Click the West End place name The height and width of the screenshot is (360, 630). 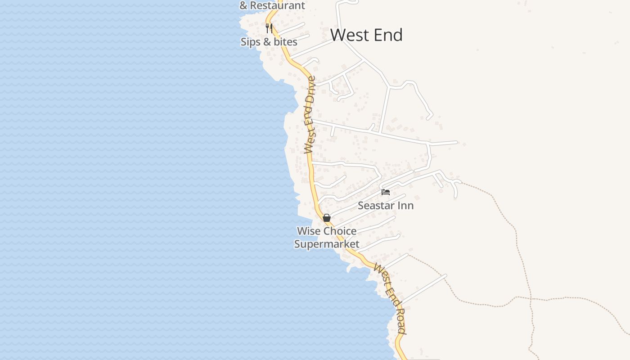point(366,35)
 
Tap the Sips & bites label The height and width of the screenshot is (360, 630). point(269,42)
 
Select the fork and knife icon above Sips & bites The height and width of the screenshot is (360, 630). point(269,28)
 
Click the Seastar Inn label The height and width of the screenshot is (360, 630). point(385,206)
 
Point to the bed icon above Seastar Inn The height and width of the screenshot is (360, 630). point(386,192)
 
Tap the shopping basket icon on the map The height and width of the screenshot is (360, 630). point(327,218)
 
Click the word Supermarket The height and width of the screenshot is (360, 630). point(327,244)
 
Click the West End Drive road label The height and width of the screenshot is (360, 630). point(310,115)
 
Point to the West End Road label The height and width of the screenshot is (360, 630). point(390,298)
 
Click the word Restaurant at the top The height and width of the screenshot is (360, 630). point(277,5)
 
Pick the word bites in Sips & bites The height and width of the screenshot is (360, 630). point(286,42)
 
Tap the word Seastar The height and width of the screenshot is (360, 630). point(376,206)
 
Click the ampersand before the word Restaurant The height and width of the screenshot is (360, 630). point(243,6)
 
